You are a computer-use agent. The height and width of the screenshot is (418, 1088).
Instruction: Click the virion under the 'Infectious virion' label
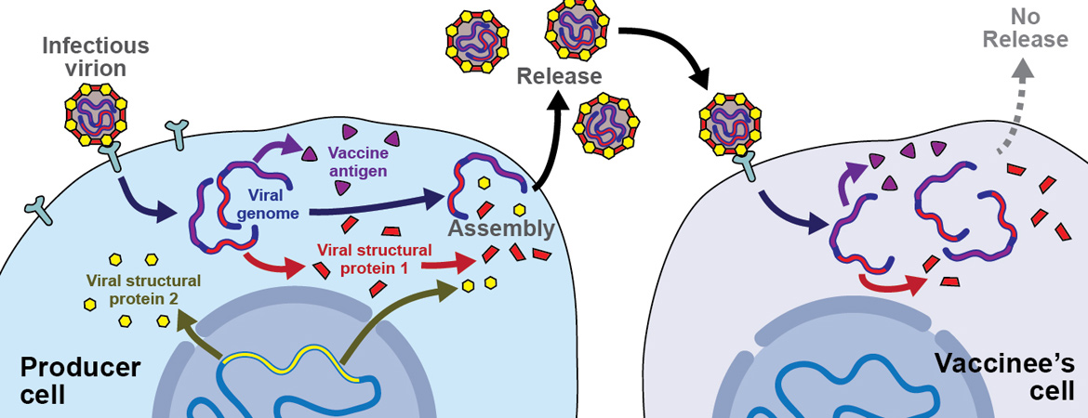click(99, 114)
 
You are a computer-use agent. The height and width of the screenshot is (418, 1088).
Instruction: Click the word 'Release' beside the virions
click(560, 76)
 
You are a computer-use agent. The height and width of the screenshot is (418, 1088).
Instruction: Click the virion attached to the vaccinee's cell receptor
click(729, 122)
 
